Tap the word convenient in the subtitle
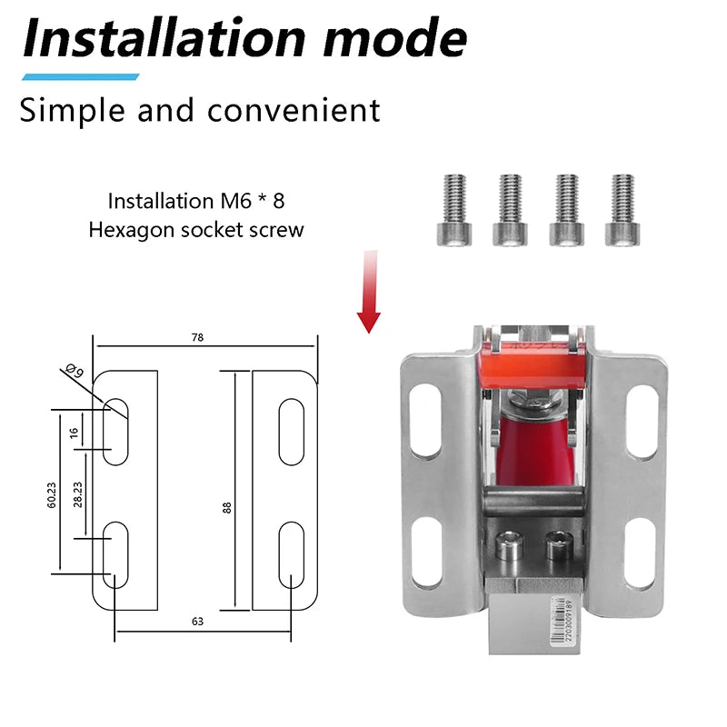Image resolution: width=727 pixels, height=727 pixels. (x=294, y=110)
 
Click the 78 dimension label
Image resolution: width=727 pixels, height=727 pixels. (x=198, y=337)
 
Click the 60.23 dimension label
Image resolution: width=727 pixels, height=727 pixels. (x=52, y=495)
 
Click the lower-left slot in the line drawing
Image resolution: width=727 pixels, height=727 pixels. (x=115, y=554)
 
